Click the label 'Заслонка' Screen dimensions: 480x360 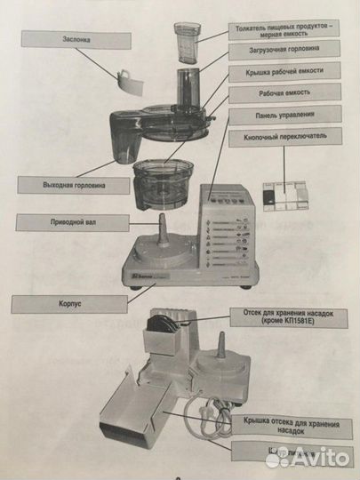click(x=58, y=40)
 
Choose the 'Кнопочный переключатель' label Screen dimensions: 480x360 click(x=284, y=139)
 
